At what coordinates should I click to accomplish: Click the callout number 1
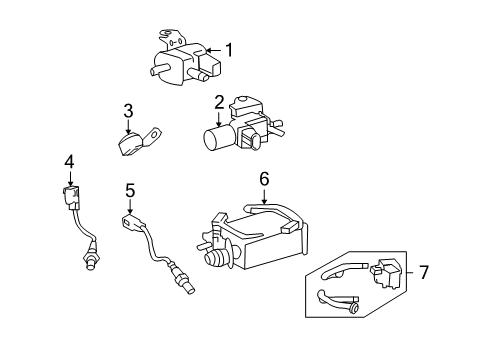(x=229, y=49)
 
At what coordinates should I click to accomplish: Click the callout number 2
(x=218, y=101)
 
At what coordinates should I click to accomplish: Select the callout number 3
(x=128, y=110)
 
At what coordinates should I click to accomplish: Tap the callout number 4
(x=69, y=161)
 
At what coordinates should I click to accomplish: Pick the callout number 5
(x=129, y=190)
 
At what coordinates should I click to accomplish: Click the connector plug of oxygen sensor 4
(x=70, y=196)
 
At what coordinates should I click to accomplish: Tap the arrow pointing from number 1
(x=210, y=49)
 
